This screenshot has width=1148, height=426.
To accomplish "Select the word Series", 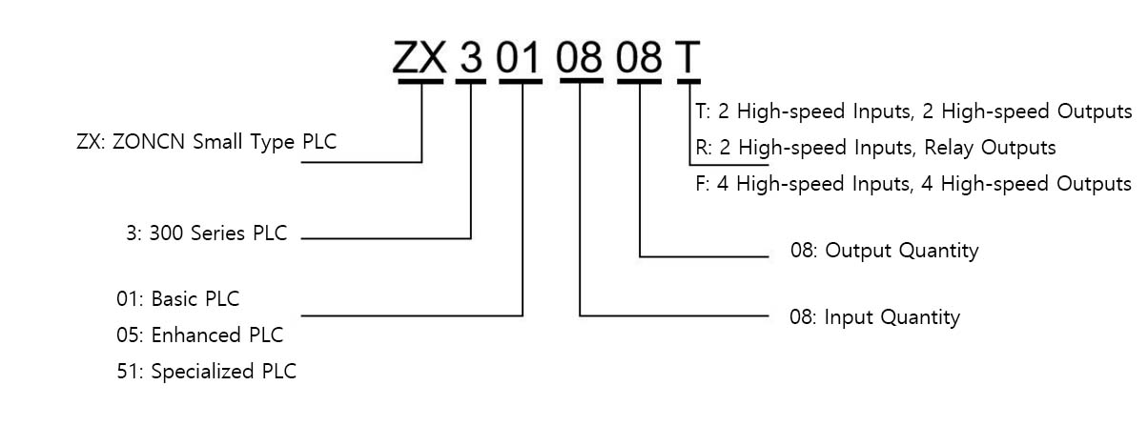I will coord(219,233).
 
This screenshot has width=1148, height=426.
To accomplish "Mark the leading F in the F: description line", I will coord(701,183).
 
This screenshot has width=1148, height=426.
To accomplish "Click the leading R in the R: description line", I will coord(702,148).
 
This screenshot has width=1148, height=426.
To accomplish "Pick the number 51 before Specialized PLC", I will coord(128,371).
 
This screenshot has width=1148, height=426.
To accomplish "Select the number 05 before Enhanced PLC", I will coord(128,335).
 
